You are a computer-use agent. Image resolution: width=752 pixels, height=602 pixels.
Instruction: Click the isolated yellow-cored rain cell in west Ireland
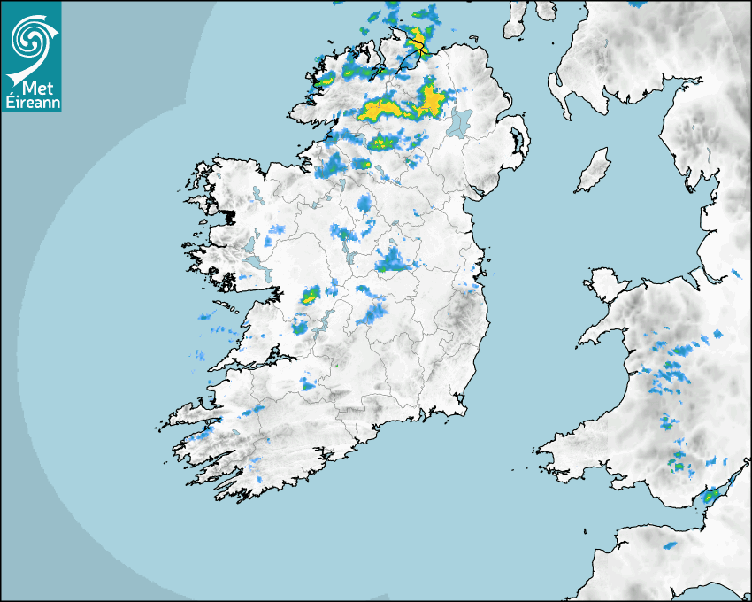(310, 296)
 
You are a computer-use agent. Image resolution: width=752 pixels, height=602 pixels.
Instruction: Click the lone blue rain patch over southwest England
(670, 544)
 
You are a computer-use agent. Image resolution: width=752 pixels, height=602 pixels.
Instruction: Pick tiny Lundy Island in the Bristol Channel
(585, 530)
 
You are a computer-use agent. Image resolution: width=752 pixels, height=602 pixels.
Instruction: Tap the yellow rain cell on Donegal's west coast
(325, 81)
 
